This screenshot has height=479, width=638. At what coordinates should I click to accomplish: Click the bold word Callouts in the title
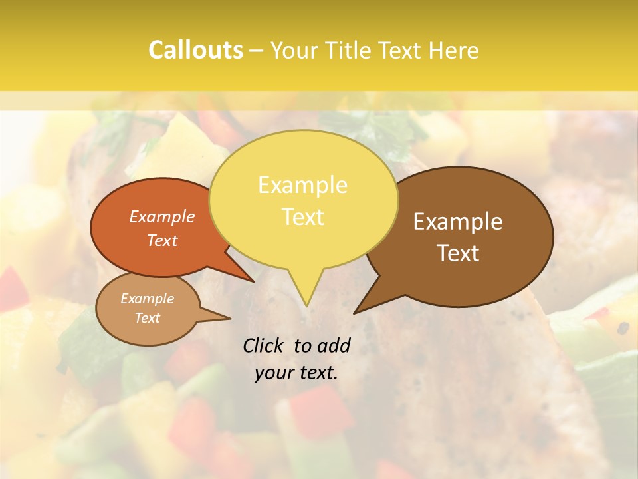click(195, 50)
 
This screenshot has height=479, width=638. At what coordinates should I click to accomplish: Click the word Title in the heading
click(348, 50)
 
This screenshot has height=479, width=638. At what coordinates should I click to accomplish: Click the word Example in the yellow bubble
click(302, 185)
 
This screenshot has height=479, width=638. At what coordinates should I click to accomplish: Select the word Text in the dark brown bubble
click(459, 253)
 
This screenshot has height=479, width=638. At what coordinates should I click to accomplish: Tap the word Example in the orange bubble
click(162, 216)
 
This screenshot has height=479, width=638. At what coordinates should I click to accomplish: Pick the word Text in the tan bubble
click(148, 318)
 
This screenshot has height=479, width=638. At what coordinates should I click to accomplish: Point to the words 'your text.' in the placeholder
click(296, 373)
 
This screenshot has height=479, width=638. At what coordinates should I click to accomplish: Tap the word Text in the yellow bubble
click(302, 217)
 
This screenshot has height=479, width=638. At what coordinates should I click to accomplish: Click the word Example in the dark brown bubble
click(458, 222)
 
